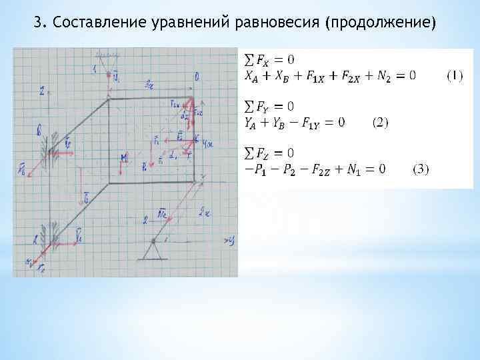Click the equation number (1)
click(x=455, y=75)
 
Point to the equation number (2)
click(x=382, y=122)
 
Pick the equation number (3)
click(x=421, y=169)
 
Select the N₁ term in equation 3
click(x=354, y=169)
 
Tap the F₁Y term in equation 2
click(x=315, y=122)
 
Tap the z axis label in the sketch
click(x=42, y=92)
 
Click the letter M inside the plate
click(x=124, y=157)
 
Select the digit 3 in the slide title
click(x=38, y=24)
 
